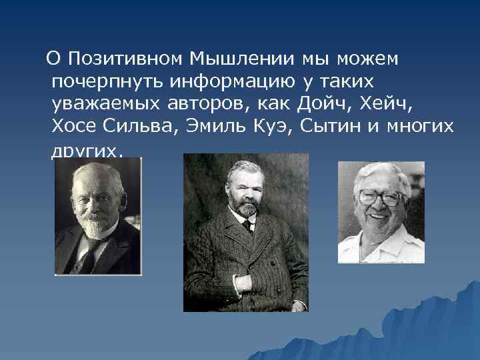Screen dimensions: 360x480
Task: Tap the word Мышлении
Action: point(242,59)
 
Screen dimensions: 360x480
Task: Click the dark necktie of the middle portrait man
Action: point(247,225)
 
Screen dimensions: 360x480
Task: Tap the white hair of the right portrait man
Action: point(383,173)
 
